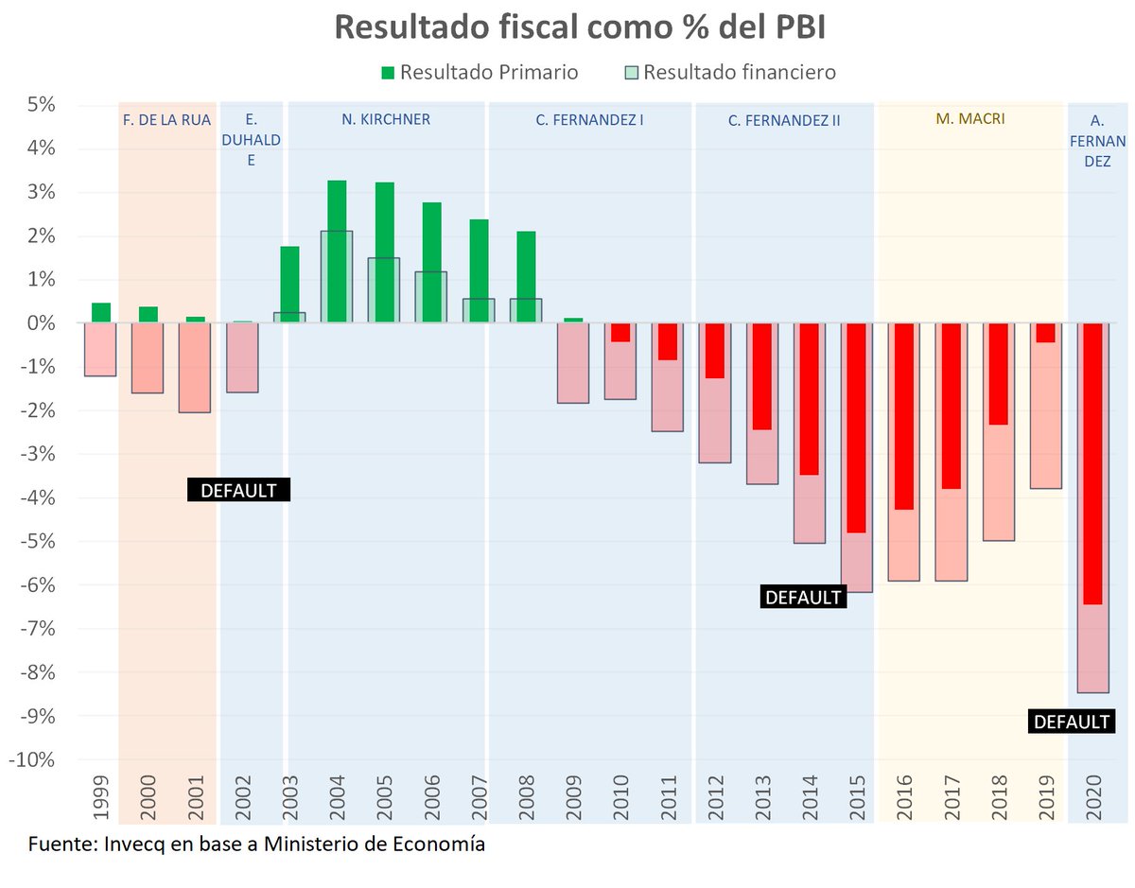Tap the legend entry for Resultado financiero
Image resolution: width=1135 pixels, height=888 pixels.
point(730,73)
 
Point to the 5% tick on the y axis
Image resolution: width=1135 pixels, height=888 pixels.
point(39,105)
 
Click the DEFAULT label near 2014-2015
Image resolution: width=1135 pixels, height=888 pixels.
point(802,598)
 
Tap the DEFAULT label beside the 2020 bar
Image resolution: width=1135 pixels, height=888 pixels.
point(1072,723)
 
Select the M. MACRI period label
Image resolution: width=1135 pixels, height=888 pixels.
point(969,120)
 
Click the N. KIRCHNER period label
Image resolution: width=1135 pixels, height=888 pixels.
point(386,120)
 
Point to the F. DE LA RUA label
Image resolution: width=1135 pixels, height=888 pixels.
point(167,120)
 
